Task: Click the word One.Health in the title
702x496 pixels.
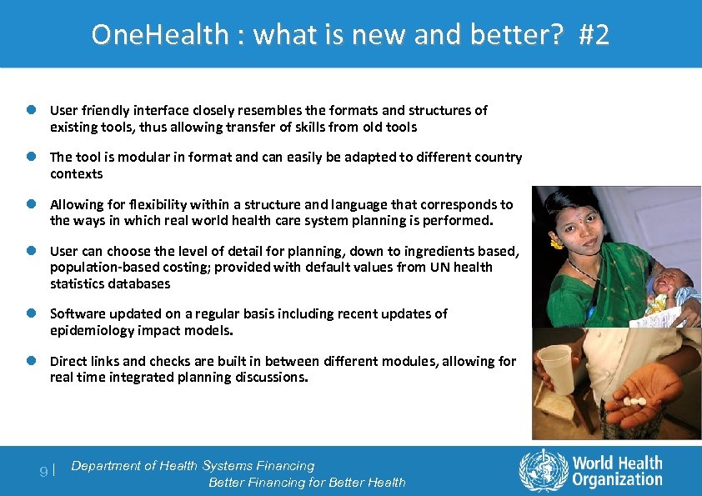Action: pyautogui.click(x=159, y=35)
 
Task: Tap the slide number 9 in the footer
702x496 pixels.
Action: pyautogui.click(x=44, y=472)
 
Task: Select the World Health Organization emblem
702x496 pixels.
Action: pyautogui.click(x=543, y=471)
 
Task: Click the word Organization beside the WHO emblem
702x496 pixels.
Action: pyautogui.click(x=617, y=479)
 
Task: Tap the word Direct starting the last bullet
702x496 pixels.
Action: pyautogui.click(x=68, y=361)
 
